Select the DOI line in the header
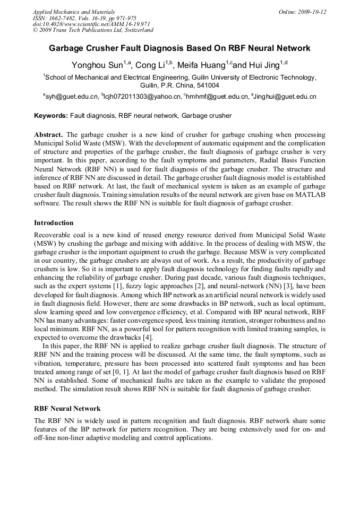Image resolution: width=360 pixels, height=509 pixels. tap(91, 24)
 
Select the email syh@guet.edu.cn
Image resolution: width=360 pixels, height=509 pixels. tap(72, 97)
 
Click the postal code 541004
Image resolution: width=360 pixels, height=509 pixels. tap(205, 85)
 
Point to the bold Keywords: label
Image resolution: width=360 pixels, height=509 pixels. tap(51, 115)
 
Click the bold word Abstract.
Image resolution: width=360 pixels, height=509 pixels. tap(49, 135)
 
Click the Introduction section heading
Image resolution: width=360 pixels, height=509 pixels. tap(54, 222)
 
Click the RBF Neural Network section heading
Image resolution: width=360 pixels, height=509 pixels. tap(67, 408)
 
